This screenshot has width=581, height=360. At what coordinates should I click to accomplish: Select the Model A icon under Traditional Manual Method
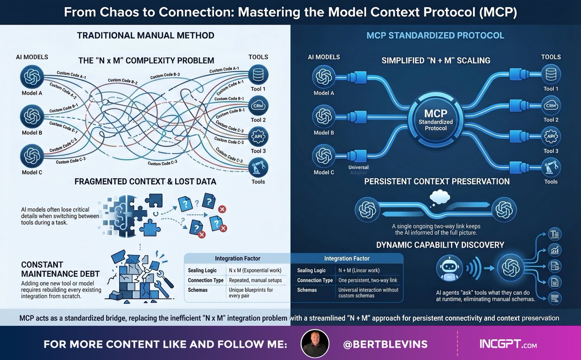(32, 78)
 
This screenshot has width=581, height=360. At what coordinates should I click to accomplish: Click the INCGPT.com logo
(508, 344)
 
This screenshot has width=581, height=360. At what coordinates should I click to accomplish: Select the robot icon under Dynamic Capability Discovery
(446, 267)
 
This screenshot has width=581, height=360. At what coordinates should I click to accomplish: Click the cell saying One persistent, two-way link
(368, 280)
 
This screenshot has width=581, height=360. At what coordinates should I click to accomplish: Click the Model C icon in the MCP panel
(323, 156)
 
